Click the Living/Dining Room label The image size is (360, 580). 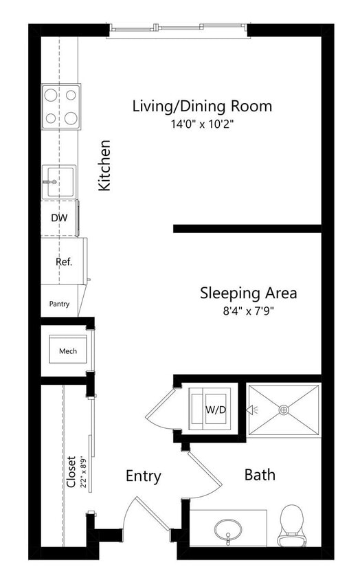(202, 107)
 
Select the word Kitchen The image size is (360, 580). (104, 166)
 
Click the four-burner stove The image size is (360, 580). (60, 106)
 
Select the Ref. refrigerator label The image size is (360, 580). (64, 262)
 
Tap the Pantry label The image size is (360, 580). (59, 304)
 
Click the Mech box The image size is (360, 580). (67, 351)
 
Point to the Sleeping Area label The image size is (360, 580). (248, 293)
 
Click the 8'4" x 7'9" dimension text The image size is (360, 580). (248, 311)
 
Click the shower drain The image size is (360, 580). (283, 410)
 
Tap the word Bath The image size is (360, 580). (260, 474)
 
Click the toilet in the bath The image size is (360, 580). (292, 524)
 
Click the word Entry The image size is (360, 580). (144, 476)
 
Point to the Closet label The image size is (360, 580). (71, 472)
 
